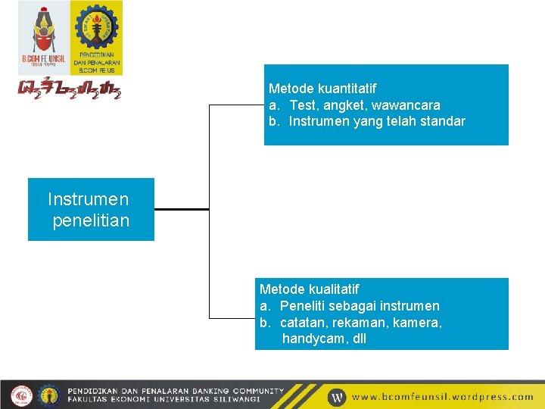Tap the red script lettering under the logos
tap(69, 88)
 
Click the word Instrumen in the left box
tap(88, 199)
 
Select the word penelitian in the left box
tap(91, 220)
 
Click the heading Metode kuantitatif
tap(322, 89)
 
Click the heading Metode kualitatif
tap(309, 289)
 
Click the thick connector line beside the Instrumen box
tap(181, 209)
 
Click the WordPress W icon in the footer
tap(337, 396)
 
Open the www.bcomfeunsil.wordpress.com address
tap(443, 396)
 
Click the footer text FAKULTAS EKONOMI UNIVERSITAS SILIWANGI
tap(164, 399)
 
